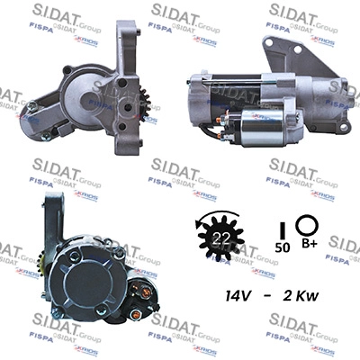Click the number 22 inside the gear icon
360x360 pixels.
220,237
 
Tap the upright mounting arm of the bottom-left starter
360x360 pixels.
56,216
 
